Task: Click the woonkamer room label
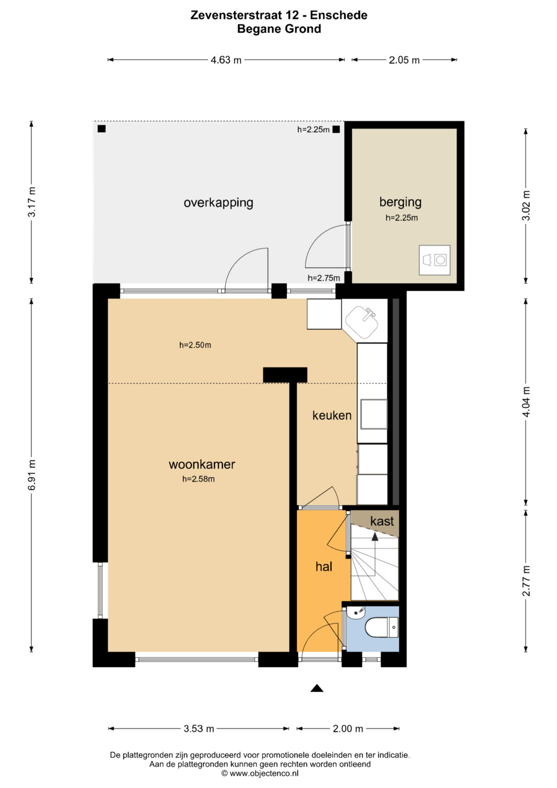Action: click(202, 464)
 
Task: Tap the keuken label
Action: click(332, 415)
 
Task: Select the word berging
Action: click(400, 202)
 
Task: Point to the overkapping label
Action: click(218, 203)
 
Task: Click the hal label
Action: click(324, 567)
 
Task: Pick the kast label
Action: click(382, 521)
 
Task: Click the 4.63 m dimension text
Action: click(226, 60)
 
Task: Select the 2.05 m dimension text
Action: click(404, 60)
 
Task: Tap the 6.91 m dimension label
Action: click(32, 475)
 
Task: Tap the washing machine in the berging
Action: click(435, 260)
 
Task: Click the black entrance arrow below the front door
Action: click(317, 688)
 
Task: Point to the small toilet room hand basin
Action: click(356, 612)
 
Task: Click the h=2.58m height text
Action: click(199, 479)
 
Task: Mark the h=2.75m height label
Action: click(324, 278)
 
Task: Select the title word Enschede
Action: click(339, 15)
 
